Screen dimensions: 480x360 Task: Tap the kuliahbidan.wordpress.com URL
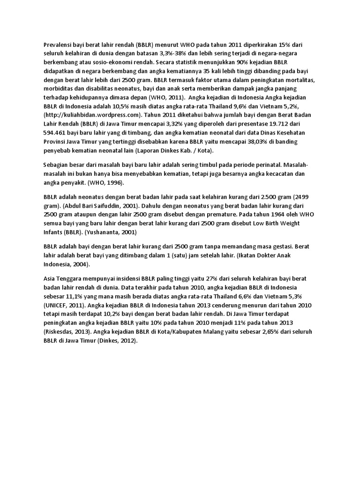[x=92, y=114]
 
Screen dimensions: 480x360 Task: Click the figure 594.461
[x=56, y=132]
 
